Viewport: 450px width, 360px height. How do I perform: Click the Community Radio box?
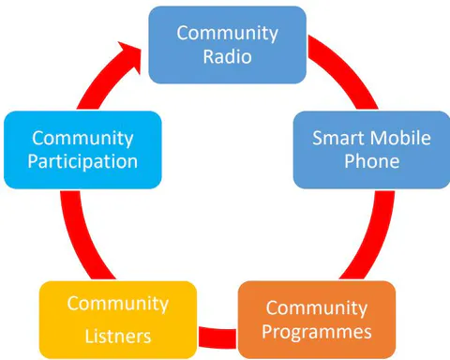coord(227,45)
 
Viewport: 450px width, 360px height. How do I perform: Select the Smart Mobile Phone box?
coord(371,150)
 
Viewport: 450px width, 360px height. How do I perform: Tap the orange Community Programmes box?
coord(317,320)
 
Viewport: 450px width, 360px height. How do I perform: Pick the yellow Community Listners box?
coord(118,320)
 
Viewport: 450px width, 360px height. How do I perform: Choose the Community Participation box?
coord(82,150)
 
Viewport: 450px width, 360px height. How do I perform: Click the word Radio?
coord(228,56)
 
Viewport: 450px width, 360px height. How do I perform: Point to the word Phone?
coord(372,161)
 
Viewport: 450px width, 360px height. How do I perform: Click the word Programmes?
coord(317,332)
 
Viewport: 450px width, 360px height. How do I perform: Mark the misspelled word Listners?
coord(118,337)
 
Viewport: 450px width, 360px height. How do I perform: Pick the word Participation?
coord(82,162)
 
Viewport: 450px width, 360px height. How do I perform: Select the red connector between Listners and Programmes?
coord(217,337)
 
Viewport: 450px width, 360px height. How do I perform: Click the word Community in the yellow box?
coord(118,304)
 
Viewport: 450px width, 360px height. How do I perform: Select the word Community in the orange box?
coord(317,308)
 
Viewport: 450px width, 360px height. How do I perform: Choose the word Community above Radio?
coord(228,33)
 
